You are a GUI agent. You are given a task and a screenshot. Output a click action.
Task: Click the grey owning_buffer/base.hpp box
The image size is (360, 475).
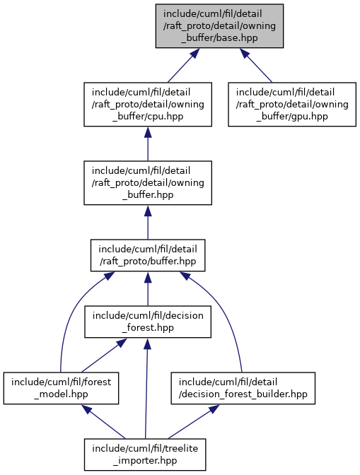tap(219, 25)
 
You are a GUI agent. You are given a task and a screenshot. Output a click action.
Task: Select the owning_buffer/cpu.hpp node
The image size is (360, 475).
tap(148, 104)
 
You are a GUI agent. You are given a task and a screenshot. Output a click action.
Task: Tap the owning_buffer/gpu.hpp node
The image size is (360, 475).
tap(292, 104)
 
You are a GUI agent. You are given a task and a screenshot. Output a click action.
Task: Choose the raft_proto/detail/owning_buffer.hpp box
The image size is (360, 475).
tap(148, 182)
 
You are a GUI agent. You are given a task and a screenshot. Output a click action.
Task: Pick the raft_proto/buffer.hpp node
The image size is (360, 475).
tap(148, 255)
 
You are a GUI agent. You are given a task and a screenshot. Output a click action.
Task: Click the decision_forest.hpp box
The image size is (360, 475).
tap(148, 322)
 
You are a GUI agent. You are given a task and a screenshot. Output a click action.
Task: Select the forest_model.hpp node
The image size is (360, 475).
tap(61, 388)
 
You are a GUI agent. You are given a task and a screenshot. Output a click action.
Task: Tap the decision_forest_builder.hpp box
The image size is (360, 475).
tap(243, 388)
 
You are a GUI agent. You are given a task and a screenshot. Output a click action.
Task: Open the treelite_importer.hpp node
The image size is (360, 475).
tap(145, 455)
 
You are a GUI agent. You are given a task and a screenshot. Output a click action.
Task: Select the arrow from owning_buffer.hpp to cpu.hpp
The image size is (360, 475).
tap(148, 143)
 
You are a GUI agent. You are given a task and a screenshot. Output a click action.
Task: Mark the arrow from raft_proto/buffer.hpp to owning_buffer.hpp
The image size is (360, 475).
tap(148, 222)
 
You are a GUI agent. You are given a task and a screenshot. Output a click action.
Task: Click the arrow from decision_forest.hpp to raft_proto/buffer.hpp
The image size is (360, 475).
tap(148, 288)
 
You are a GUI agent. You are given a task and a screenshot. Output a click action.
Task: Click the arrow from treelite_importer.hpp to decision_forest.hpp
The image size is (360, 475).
tap(146, 388)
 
